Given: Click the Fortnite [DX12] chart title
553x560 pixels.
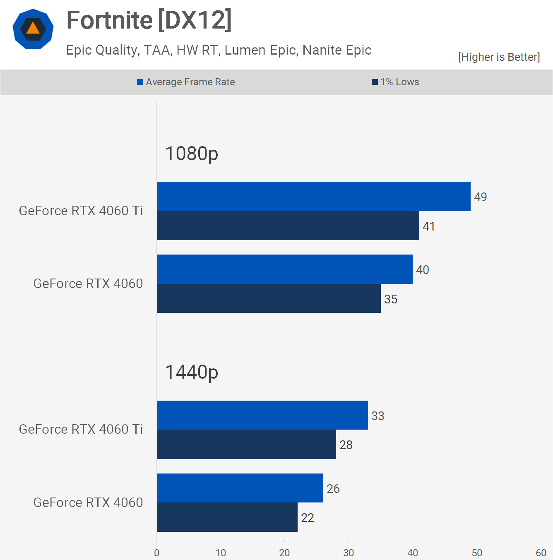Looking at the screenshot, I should [149, 20].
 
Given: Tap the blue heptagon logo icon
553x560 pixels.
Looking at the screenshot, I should [33, 29].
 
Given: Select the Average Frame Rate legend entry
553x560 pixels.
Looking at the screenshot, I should [186, 82].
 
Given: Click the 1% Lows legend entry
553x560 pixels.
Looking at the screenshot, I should [396, 82].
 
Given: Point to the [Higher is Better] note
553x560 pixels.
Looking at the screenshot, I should [499, 57].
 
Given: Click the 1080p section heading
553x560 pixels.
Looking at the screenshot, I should [192, 154].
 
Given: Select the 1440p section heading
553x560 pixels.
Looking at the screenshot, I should [192, 372].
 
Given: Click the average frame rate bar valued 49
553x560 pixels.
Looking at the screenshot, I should [313, 196].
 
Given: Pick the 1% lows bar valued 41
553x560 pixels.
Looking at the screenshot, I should [288, 226].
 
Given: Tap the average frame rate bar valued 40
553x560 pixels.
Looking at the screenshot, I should [284, 269].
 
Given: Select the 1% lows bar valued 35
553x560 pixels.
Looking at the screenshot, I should [269, 298].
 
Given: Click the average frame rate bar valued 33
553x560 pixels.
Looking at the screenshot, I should [262, 415].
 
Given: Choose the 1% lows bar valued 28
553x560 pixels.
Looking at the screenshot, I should [246, 445].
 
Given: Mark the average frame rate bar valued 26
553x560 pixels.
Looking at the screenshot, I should [240, 488].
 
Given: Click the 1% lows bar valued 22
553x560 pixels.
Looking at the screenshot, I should [227, 517].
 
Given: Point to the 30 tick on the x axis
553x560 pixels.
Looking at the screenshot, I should [349, 553].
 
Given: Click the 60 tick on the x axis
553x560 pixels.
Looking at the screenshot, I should [541, 553].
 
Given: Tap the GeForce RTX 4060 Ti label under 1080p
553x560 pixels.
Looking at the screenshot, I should [81, 211].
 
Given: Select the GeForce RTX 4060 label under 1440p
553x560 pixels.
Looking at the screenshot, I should [88, 502].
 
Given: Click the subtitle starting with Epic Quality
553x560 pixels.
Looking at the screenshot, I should [219, 50].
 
